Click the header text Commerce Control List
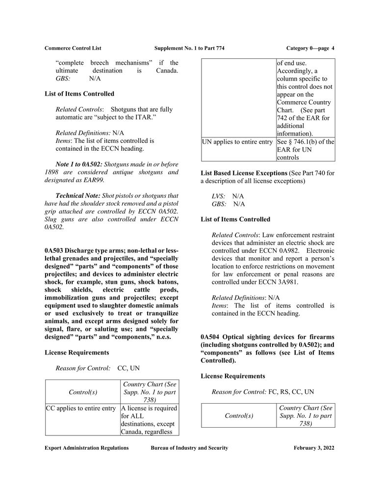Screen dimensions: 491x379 pyautogui.click(x=73, y=48)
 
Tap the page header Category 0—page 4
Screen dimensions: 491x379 pyautogui.click(x=310, y=48)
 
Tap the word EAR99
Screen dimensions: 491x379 pyautogui.click(x=94, y=180)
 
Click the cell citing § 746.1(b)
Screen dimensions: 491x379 pyautogui.click(x=305, y=150)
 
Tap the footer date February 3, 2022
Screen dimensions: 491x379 pyautogui.click(x=314, y=448)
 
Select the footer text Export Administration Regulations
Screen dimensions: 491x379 pyautogui.click(x=86, y=448)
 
